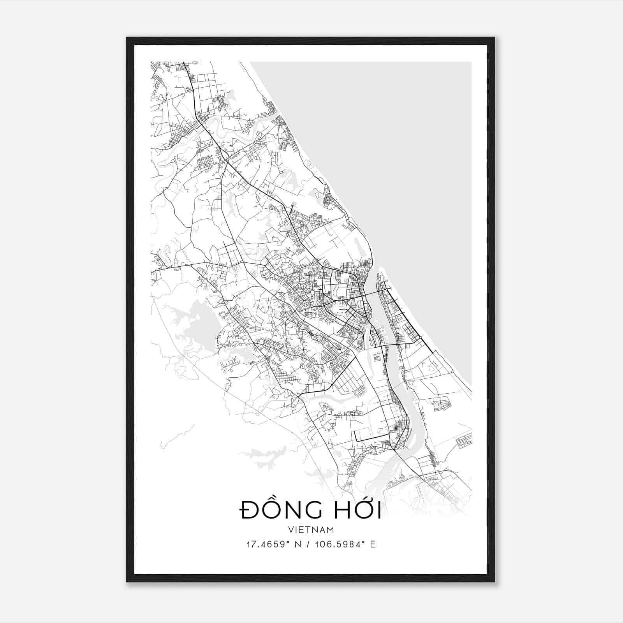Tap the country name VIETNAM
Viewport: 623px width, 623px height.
pyautogui.click(x=311, y=530)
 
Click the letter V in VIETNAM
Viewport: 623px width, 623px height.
pyautogui.click(x=291, y=530)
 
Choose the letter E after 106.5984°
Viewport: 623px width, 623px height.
pyautogui.click(x=373, y=544)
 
